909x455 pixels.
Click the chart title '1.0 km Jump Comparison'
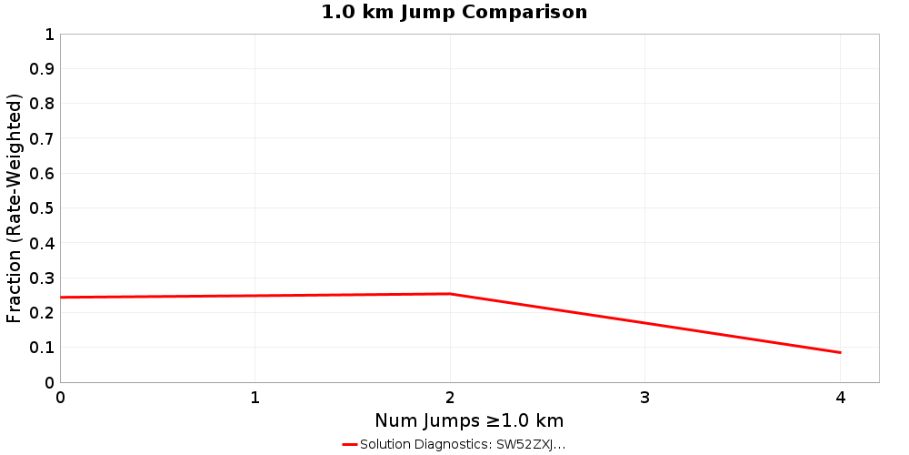coord(454,12)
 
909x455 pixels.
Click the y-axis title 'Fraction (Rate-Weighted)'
coord(15,208)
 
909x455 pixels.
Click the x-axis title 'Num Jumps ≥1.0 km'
coord(469,420)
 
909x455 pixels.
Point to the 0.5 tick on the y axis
coord(42,208)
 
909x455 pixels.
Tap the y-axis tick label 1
coord(49,35)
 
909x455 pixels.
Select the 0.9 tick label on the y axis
coord(42,69)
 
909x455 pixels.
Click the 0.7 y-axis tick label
coord(42,138)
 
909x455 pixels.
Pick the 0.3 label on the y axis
coord(42,278)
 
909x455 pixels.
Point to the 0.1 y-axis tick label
coord(42,348)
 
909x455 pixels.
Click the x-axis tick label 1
coord(255,398)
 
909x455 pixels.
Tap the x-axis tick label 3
coord(645,398)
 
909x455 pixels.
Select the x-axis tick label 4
coord(840,398)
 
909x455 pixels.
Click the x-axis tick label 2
coord(450,398)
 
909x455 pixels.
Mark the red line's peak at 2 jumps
coord(450,294)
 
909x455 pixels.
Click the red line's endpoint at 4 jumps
coord(840,352)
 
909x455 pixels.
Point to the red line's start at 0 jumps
coord(61,298)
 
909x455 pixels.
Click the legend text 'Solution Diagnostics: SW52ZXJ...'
coord(463,444)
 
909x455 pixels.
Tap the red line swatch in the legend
coord(350,444)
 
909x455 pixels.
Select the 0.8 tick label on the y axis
coord(42,104)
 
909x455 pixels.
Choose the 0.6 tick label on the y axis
coord(42,173)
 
